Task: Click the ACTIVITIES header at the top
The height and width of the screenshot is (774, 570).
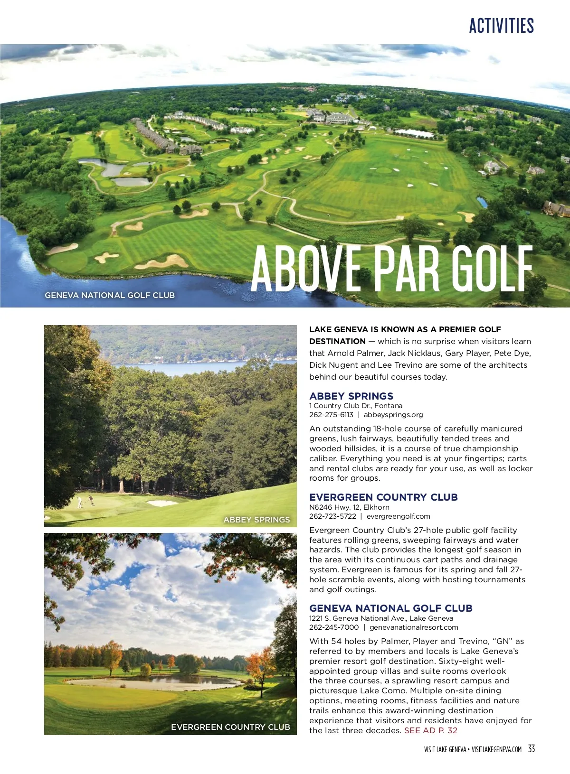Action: click(x=501, y=26)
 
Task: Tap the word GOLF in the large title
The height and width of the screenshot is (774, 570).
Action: click(x=491, y=269)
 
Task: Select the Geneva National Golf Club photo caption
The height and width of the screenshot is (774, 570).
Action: click(x=110, y=295)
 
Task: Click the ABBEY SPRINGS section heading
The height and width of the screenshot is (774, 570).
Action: click(x=351, y=396)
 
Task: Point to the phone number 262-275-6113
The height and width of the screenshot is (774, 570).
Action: click(x=331, y=415)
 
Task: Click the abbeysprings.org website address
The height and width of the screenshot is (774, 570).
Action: click(x=393, y=415)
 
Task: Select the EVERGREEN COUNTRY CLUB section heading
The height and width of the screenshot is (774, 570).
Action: click(x=383, y=497)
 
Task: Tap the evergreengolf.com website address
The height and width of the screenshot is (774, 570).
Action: click(x=398, y=516)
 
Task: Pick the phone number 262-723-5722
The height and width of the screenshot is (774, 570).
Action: click(x=332, y=516)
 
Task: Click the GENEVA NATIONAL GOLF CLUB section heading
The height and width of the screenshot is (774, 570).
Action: click(x=390, y=608)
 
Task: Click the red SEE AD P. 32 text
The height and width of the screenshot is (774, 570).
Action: click(x=431, y=730)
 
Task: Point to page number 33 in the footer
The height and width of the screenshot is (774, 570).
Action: click(x=532, y=749)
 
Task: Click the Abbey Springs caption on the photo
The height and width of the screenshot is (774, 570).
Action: click(x=256, y=520)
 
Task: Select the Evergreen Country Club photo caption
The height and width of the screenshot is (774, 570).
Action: click(x=230, y=727)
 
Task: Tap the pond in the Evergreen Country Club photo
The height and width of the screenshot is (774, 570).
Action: click(x=157, y=682)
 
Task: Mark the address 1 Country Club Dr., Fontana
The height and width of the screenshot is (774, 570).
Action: click(x=356, y=406)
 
